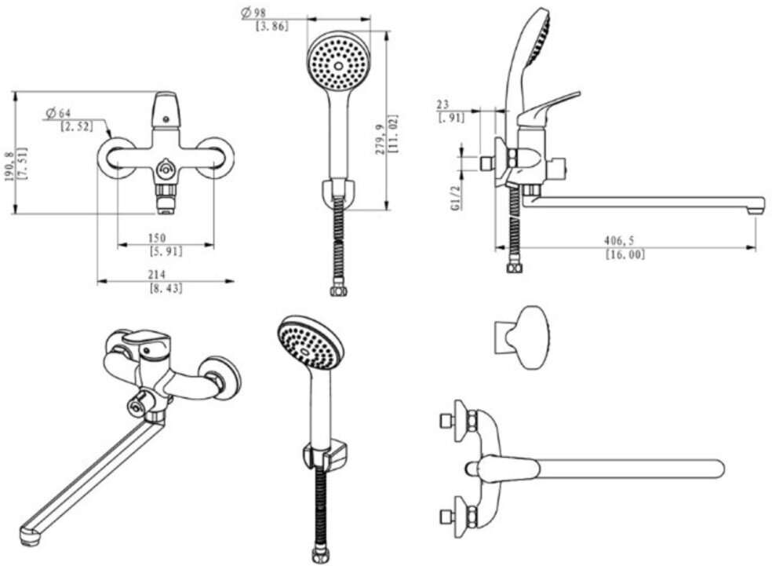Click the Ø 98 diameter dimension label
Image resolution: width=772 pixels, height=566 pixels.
click(x=256, y=13)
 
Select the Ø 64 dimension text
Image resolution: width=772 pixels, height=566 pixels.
click(x=59, y=115)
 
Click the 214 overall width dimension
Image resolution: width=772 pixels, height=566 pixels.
click(x=156, y=275)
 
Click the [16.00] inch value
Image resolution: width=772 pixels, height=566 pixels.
click(x=625, y=255)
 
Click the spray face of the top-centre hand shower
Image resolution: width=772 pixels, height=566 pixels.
click(x=338, y=60)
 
